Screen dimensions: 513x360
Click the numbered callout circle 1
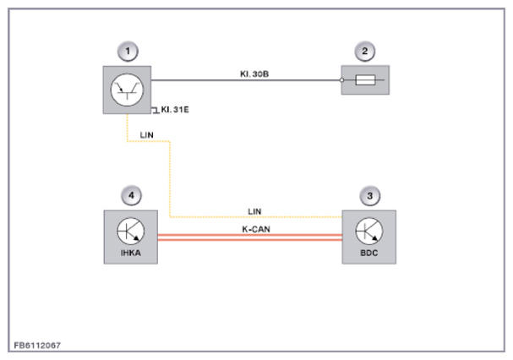point(128,52)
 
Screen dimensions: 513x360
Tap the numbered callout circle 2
point(365,52)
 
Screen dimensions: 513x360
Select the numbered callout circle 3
point(369,196)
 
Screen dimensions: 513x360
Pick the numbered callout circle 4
point(131,196)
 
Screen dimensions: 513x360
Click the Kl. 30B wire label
point(254,74)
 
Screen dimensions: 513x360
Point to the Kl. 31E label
point(175,110)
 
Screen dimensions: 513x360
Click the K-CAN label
point(256,229)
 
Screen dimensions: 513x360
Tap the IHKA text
point(130,253)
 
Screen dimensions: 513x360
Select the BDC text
point(369,253)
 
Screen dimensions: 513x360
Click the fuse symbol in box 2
point(365,79)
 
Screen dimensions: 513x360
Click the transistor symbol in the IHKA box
point(130,231)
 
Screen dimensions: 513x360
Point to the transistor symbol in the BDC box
point(369,231)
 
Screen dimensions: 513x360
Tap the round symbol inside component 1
point(128,90)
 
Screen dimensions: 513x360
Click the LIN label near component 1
point(146,135)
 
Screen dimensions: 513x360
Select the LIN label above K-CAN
point(254,211)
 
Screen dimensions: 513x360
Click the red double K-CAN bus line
point(250,237)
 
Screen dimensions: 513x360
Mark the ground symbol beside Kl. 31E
point(155,111)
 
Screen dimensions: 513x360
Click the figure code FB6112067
point(37,346)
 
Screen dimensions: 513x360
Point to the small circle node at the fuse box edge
point(342,79)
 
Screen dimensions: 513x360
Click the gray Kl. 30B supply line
point(246,79)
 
